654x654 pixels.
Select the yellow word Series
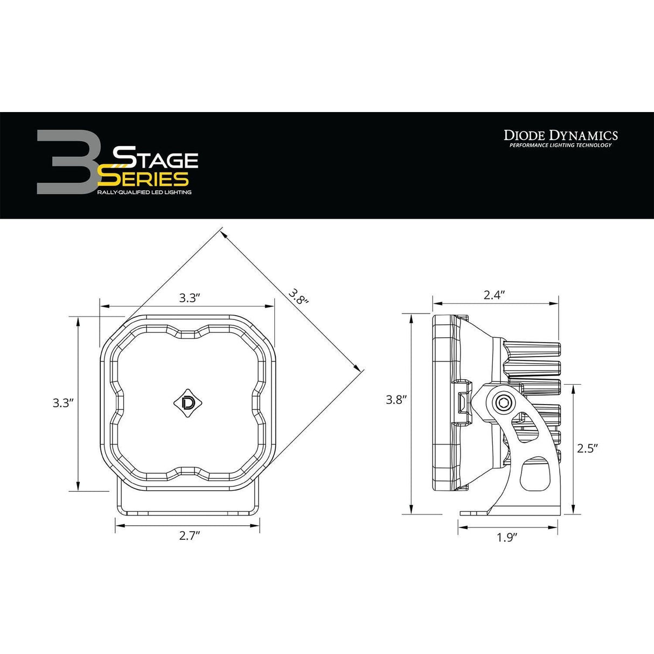click(x=143, y=178)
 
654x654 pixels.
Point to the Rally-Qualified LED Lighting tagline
click(x=144, y=192)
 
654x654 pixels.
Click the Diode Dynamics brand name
click(x=560, y=135)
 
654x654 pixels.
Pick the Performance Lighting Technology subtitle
click(x=560, y=145)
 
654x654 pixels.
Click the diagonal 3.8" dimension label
click(x=298, y=296)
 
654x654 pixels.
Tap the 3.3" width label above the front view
click(x=189, y=298)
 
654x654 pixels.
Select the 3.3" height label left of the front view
click(x=63, y=403)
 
